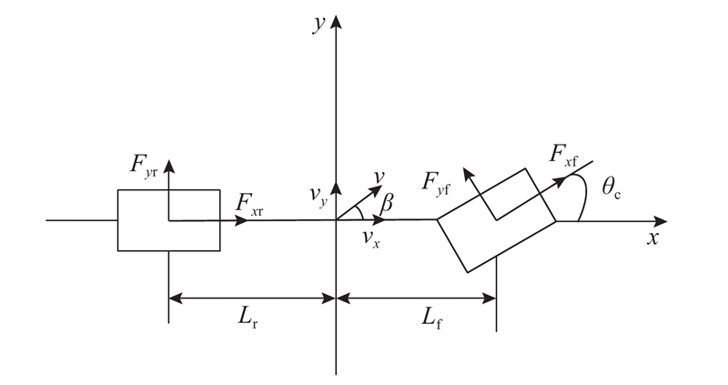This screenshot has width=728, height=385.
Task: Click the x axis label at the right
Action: pyautogui.click(x=653, y=238)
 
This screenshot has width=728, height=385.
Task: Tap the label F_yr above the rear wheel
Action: pyautogui.click(x=144, y=166)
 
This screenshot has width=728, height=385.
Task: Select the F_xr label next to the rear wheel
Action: pyautogui.click(x=249, y=205)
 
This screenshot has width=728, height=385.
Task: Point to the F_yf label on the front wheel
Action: pyautogui.click(x=436, y=183)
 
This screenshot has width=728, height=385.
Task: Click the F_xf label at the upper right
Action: pyautogui.click(x=564, y=155)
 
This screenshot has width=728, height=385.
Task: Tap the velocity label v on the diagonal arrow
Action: pyautogui.click(x=379, y=177)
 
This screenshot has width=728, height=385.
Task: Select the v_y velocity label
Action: pyautogui.click(x=318, y=196)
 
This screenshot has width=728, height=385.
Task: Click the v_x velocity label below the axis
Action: pyautogui.click(x=371, y=238)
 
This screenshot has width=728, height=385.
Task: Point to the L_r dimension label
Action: pyautogui.click(x=248, y=319)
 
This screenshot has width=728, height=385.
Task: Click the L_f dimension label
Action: pyautogui.click(x=431, y=319)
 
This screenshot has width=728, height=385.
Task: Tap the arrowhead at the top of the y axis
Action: pyautogui.click(x=336, y=21)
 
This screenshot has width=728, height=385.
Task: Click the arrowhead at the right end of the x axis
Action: pyautogui.click(x=661, y=221)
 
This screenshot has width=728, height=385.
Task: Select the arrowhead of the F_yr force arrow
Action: pyautogui.click(x=168, y=167)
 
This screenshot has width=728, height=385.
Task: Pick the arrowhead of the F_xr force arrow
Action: pyautogui.click(x=242, y=220)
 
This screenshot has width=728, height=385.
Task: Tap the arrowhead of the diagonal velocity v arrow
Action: pyautogui.click(x=376, y=190)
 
